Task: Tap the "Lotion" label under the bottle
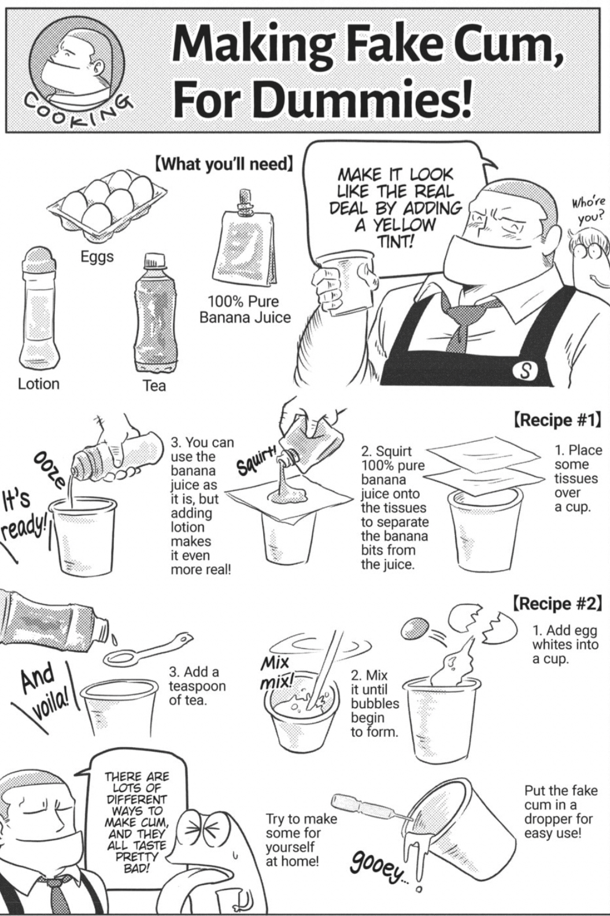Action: (x=39, y=384)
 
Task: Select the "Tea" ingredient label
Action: (x=154, y=386)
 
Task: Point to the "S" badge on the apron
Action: (x=526, y=371)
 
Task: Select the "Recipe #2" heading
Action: (x=557, y=603)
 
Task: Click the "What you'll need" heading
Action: (x=224, y=164)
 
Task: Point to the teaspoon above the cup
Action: (x=147, y=651)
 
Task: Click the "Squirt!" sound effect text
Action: (x=258, y=461)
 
